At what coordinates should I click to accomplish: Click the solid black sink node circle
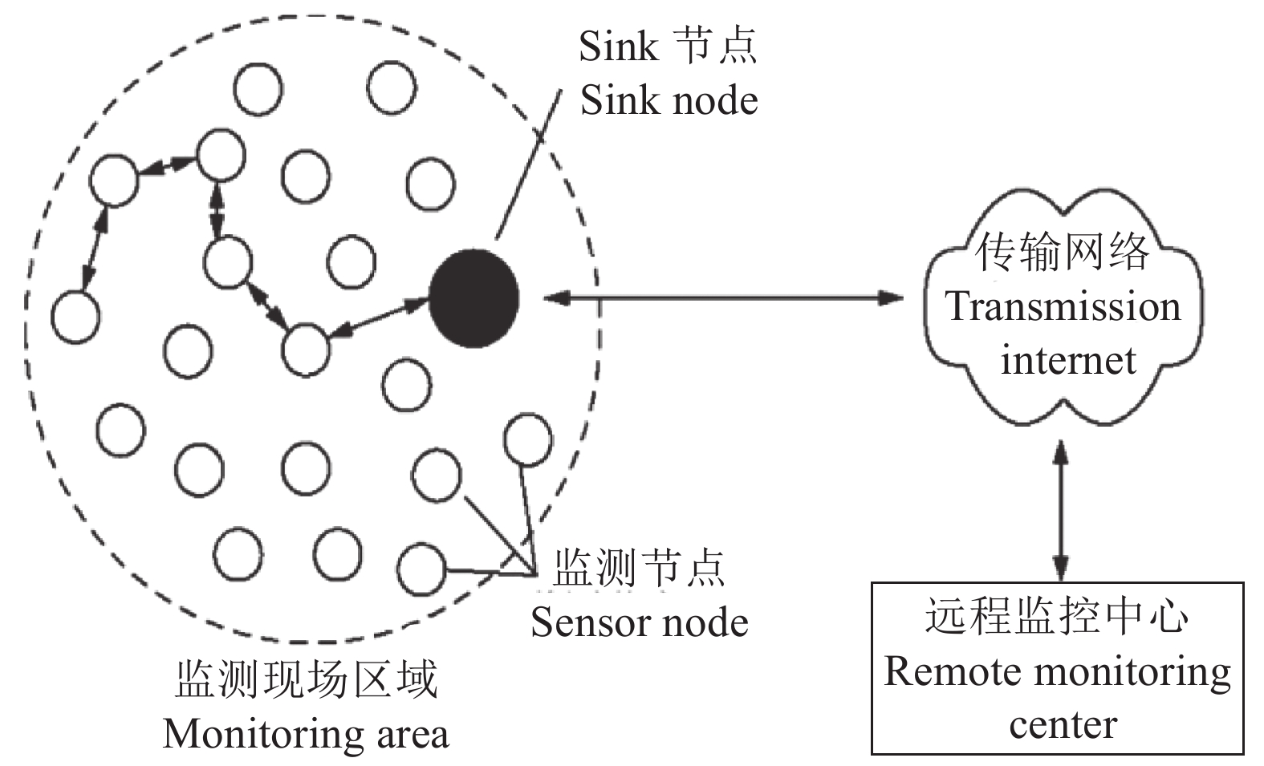pyautogui.click(x=473, y=298)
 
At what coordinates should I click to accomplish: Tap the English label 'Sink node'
pyautogui.click(x=669, y=101)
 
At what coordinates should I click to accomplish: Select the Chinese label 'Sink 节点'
pyautogui.click(x=668, y=47)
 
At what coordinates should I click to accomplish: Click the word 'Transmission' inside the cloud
pyautogui.click(x=1063, y=306)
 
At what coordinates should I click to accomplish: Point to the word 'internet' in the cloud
pyautogui.click(x=1067, y=359)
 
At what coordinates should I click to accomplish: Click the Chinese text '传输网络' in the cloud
pyautogui.click(x=1062, y=253)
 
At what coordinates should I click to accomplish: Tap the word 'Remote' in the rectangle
pyautogui.click(x=943, y=671)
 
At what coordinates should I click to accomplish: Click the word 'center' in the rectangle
pyautogui.click(x=1063, y=724)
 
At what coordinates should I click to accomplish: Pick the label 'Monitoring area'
pyautogui.click(x=306, y=733)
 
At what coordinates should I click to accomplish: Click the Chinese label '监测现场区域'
pyautogui.click(x=307, y=680)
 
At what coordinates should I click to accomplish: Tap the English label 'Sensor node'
pyautogui.click(x=639, y=622)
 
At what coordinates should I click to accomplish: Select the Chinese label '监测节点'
pyautogui.click(x=639, y=569)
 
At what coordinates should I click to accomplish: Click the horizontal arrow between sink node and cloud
pyautogui.click(x=722, y=298)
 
